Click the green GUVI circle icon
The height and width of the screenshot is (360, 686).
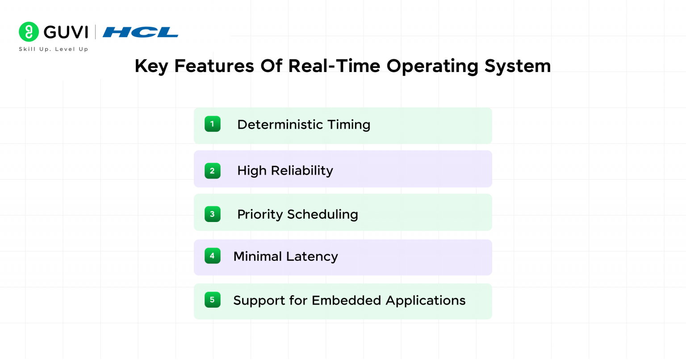[29, 32]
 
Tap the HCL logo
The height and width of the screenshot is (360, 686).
[140, 32]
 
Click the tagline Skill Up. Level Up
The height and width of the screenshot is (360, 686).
[53, 49]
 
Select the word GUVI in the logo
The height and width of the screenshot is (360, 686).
[66, 32]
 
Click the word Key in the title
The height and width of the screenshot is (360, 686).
[151, 66]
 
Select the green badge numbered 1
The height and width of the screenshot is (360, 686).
[212, 124]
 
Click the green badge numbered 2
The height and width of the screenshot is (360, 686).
[212, 171]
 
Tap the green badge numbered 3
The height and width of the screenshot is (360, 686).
[212, 214]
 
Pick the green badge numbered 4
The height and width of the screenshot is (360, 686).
[212, 256]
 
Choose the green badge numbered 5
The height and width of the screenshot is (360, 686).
[212, 300]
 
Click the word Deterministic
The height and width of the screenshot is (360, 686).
[280, 125]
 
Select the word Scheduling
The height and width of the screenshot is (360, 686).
[322, 214]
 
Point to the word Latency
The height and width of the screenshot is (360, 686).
[312, 256]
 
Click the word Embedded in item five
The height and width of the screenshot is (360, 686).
[346, 300]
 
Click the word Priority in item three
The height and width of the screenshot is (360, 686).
[260, 214]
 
